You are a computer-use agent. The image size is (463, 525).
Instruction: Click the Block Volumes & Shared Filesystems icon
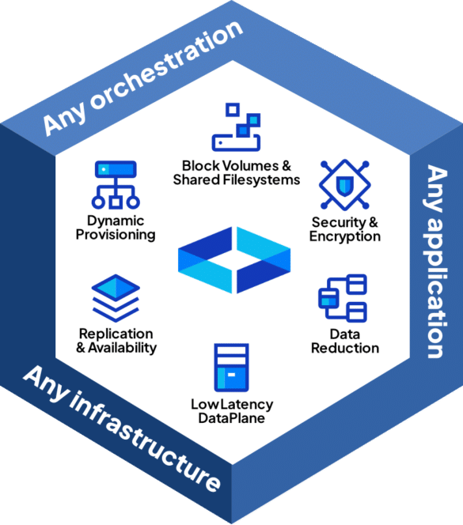coord(236,127)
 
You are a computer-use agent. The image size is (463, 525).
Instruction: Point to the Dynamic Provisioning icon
coord(116,185)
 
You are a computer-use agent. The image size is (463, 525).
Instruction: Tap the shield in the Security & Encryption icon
coord(344,185)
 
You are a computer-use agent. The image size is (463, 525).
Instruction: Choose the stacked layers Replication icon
coord(116,298)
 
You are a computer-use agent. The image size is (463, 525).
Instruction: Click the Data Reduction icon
coord(343,298)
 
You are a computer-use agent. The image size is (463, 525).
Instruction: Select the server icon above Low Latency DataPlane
coord(231,368)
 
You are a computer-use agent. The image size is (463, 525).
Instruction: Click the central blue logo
coord(234,260)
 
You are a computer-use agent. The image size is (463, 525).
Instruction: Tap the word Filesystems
coord(261,179)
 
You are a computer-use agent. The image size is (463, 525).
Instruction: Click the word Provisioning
coord(116,234)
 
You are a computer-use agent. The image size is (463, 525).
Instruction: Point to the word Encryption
coord(344,236)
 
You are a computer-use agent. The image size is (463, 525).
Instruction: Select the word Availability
coord(123,348)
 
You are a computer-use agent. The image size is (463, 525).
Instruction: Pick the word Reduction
coord(345,348)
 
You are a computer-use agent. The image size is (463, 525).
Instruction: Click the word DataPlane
coord(232,417)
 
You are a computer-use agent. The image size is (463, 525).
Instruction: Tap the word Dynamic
coord(116,221)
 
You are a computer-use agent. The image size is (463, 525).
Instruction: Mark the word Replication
coord(116,334)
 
